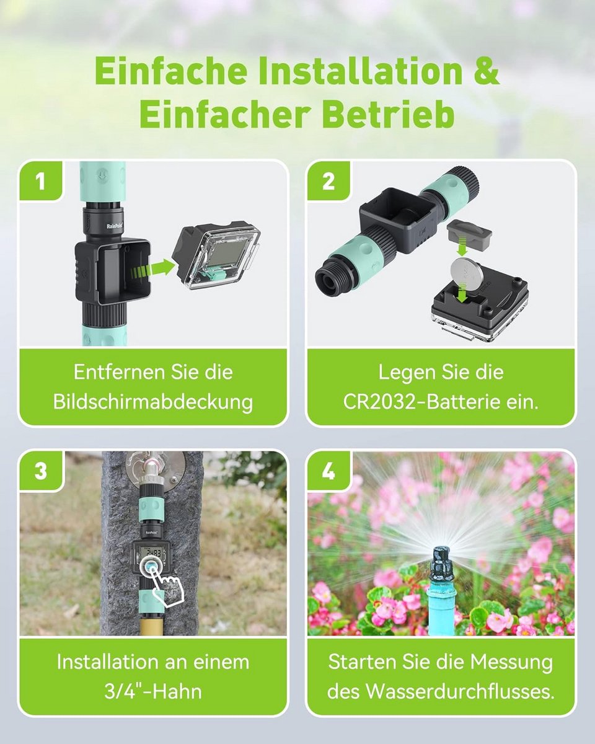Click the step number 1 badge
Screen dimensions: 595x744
pos(41,181)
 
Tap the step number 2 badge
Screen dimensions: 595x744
pos(328,181)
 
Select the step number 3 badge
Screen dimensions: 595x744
pos(41,471)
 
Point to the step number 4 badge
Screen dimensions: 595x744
pos(328,471)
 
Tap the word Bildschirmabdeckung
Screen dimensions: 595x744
pos(153,402)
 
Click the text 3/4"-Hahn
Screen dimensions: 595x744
pos(153,691)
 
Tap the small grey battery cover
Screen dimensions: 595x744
pos(469,231)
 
